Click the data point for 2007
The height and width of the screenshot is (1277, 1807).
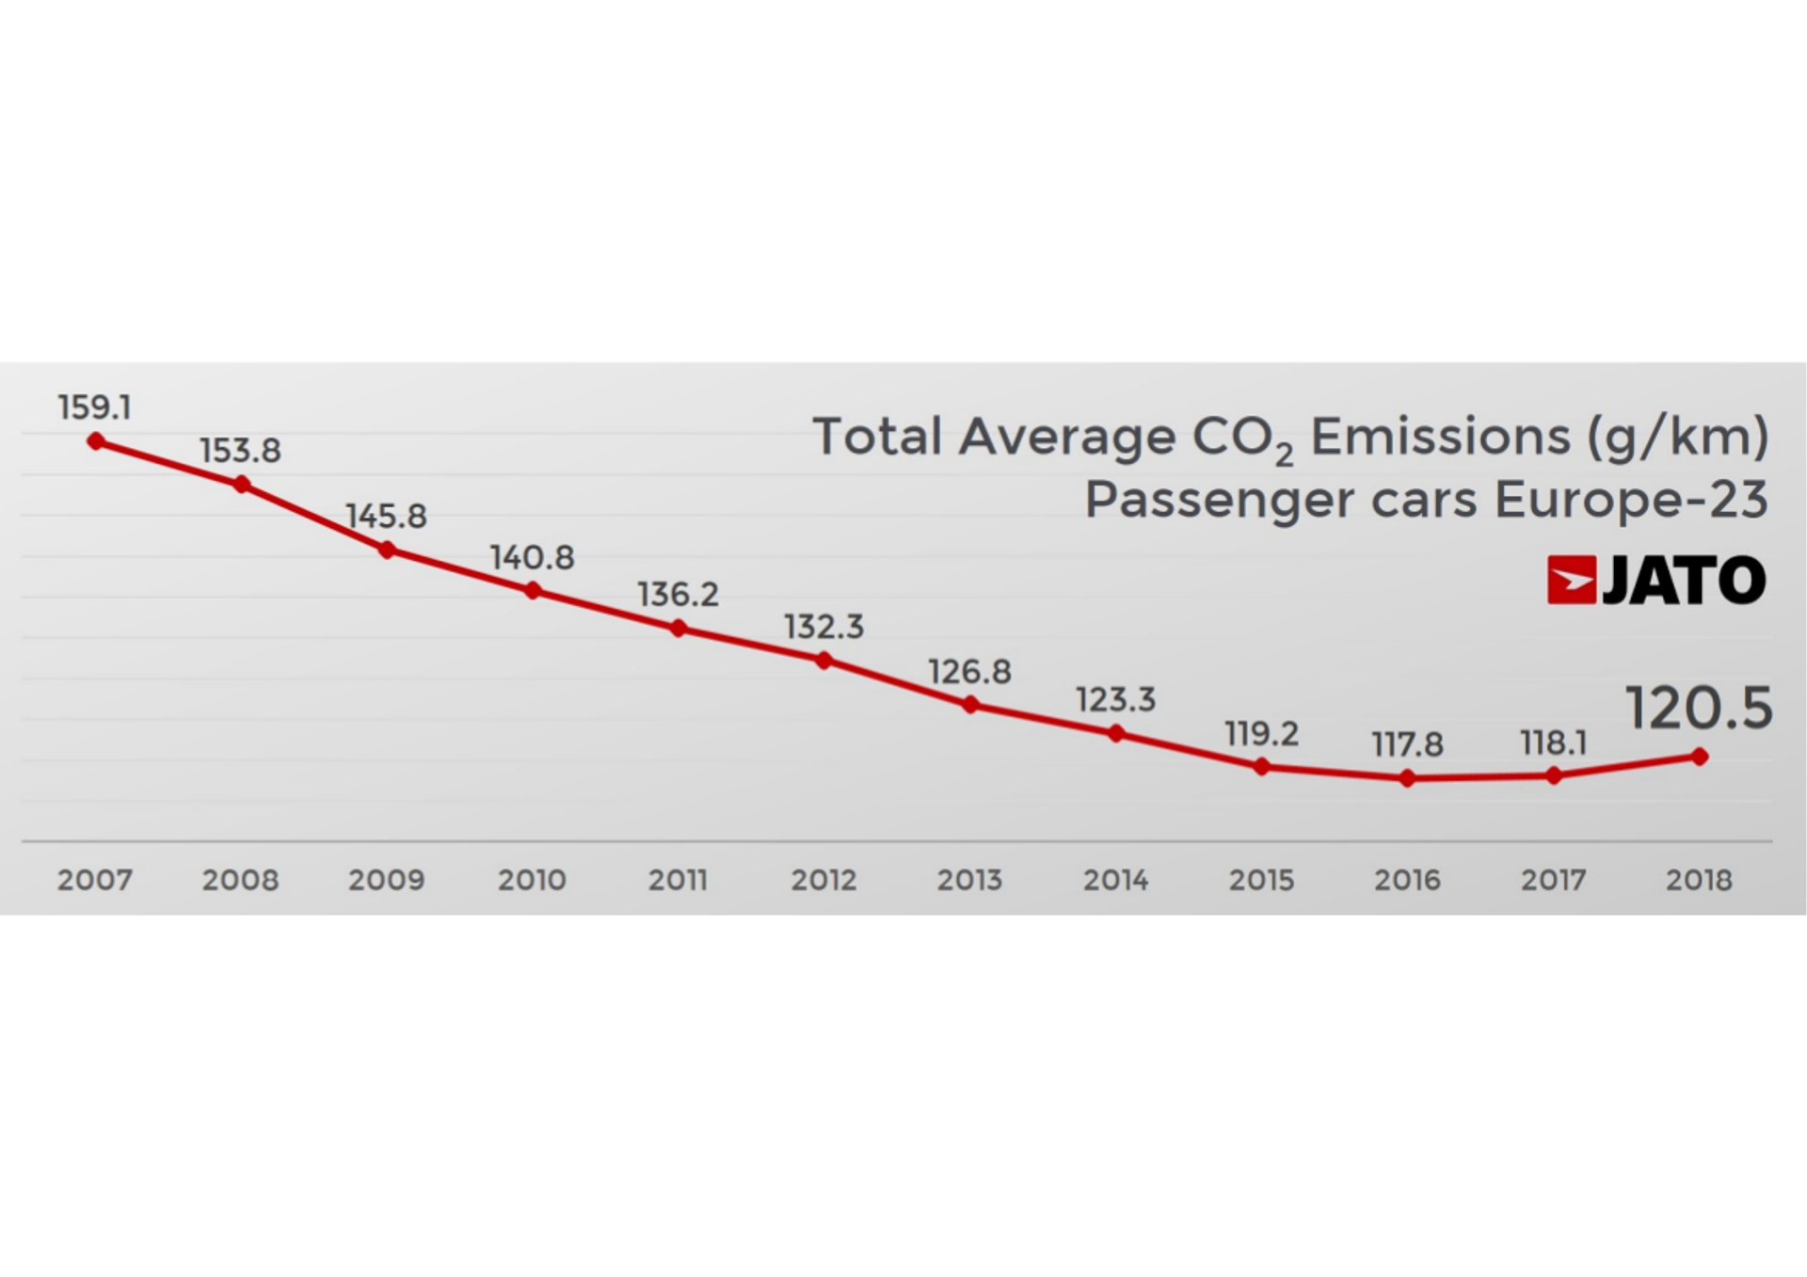[x=96, y=441]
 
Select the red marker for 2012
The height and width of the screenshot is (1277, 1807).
[x=824, y=661]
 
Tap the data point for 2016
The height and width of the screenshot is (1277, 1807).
[x=1407, y=778]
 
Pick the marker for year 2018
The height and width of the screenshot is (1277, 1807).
[x=1700, y=757]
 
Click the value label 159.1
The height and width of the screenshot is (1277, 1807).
[x=94, y=407]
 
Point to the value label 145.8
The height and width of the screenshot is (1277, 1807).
[x=386, y=516]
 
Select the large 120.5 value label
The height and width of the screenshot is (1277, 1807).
[x=1699, y=708]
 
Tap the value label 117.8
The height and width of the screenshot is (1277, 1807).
[x=1407, y=744]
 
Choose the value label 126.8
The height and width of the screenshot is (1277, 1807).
[x=969, y=672]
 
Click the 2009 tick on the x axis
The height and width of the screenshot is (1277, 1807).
[x=386, y=880]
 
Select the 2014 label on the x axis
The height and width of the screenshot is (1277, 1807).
[x=1115, y=880]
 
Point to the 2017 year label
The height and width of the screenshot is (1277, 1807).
[x=1553, y=880]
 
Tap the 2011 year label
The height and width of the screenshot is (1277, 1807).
[x=678, y=880]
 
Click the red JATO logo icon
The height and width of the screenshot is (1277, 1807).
[x=1571, y=580]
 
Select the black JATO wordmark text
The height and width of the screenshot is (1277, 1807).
[x=1684, y=580]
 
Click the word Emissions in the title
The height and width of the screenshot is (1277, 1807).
[x=1440, y=438]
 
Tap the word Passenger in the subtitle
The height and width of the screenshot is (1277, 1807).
[x=1220, y=500]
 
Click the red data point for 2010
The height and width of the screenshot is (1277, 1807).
[x=533, y=591]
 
